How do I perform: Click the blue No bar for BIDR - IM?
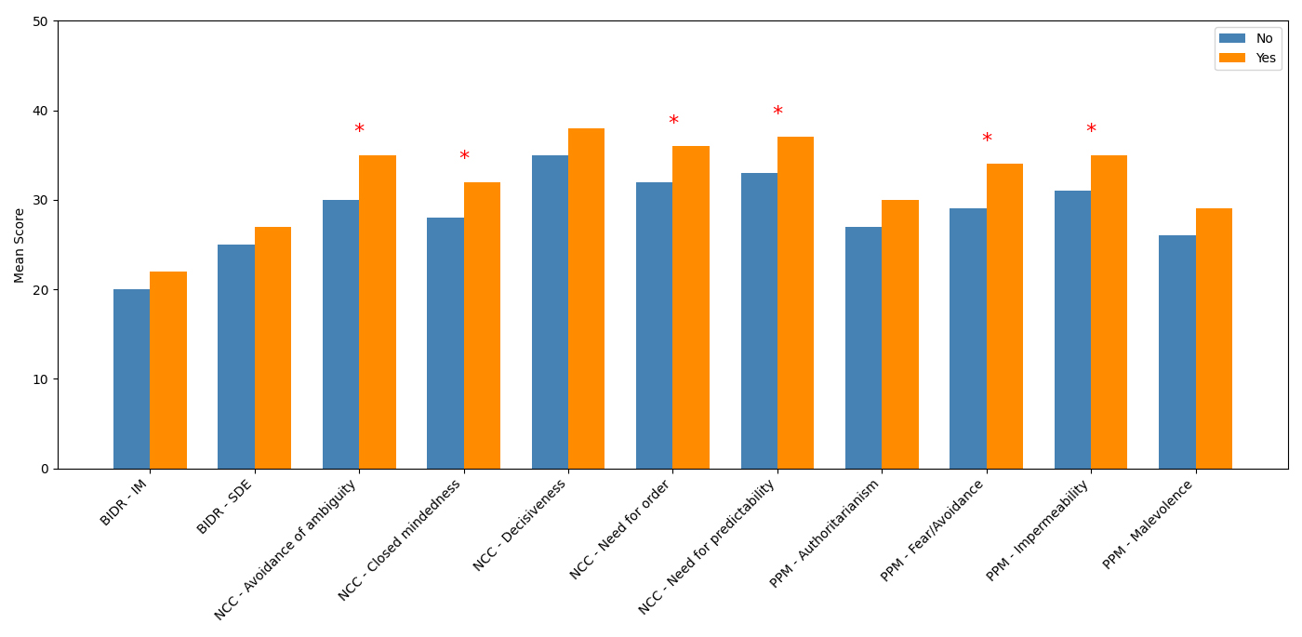pyautogui.click(x=131, y=378)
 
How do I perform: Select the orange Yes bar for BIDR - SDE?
pyautogui.click(x=272, y=348)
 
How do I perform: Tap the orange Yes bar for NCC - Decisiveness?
pyautogui.click(x=586, y=299)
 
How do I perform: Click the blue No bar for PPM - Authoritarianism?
pyautogui.click(x=863, y=348)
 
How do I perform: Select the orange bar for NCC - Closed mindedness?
pyautogui.click(x=482, y=325)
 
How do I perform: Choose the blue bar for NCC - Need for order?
pyautogui.click(x=654, y=325)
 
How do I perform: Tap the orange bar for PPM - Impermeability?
pyautogui.click(x=1109, y=312)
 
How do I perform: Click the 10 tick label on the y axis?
pyautogui.click(x=40, y=379)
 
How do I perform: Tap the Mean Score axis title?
pyautogui.click(x=20, y=245)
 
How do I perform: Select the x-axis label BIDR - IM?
pyautogui.click(x=124, y=503)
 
